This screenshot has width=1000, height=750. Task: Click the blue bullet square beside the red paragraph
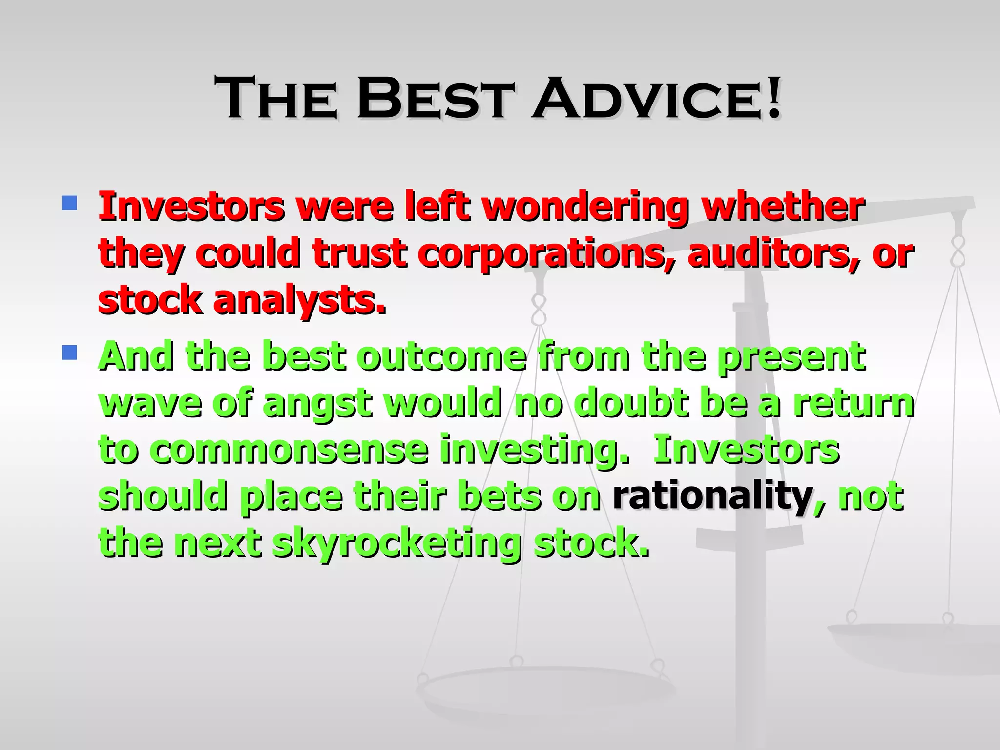[70, 203]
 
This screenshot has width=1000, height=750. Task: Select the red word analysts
[299, 301]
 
